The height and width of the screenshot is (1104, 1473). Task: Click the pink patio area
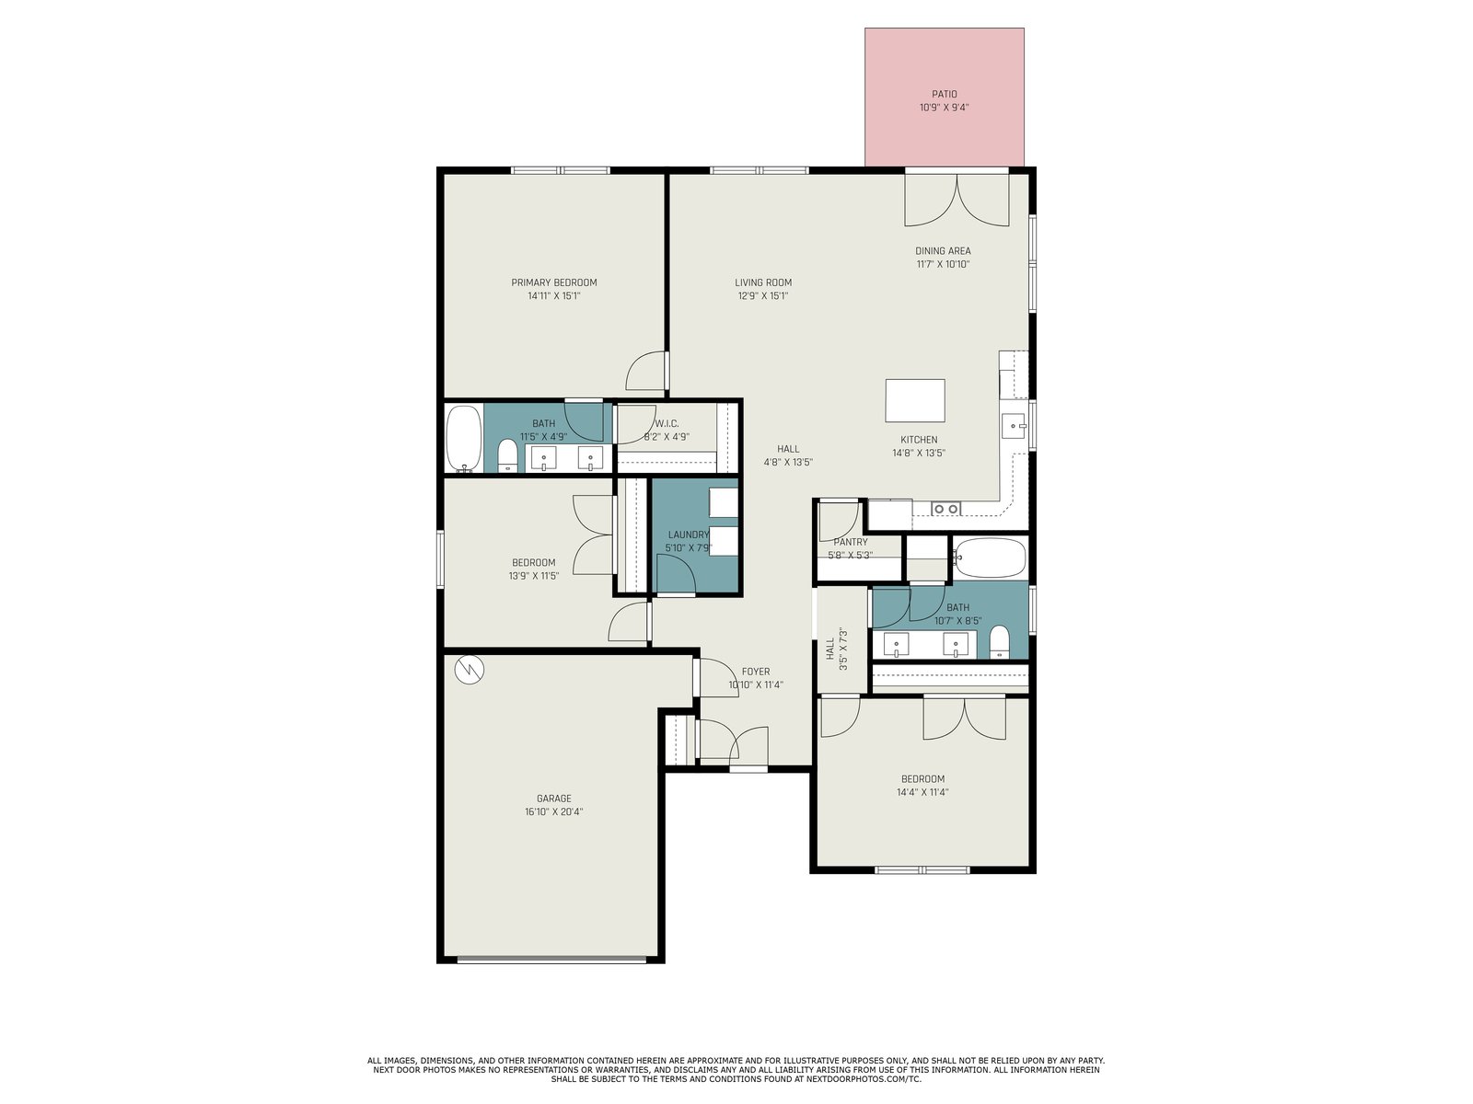tap(944, 98)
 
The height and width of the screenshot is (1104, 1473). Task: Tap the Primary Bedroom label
tap(553, 282)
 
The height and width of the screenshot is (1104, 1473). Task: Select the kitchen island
tap(915, 401)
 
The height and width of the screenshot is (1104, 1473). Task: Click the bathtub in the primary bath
tap(464, 439)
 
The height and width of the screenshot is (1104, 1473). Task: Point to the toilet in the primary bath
tap(507, 455)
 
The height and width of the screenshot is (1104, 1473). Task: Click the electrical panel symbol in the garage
tap(470, 669)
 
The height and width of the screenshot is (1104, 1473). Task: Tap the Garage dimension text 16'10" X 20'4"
tap(553, 811)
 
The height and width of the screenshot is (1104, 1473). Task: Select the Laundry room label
tap(689, 535)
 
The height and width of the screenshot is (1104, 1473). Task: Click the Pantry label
tap(851, 542)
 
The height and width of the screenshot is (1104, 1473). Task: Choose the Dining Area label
tap(943, 251)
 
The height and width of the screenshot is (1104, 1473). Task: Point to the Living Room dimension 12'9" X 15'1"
tap(763, 295)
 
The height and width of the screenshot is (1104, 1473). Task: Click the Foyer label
tap(756, 672)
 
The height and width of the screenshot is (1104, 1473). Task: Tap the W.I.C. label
tap(667, 423)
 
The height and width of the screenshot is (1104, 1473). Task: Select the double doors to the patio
tap(957, 199)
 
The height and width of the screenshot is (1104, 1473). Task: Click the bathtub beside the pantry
tap(990, 558)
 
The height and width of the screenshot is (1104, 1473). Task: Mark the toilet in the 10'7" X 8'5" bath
tap(999, 642)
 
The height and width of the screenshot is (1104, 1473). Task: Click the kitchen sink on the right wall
tap(1013, 426)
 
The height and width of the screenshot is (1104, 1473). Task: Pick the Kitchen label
tap(919, 440)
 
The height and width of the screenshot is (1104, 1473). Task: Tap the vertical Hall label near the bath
tap(830, 649)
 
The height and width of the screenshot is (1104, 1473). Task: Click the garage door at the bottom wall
tap(551, 960)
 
